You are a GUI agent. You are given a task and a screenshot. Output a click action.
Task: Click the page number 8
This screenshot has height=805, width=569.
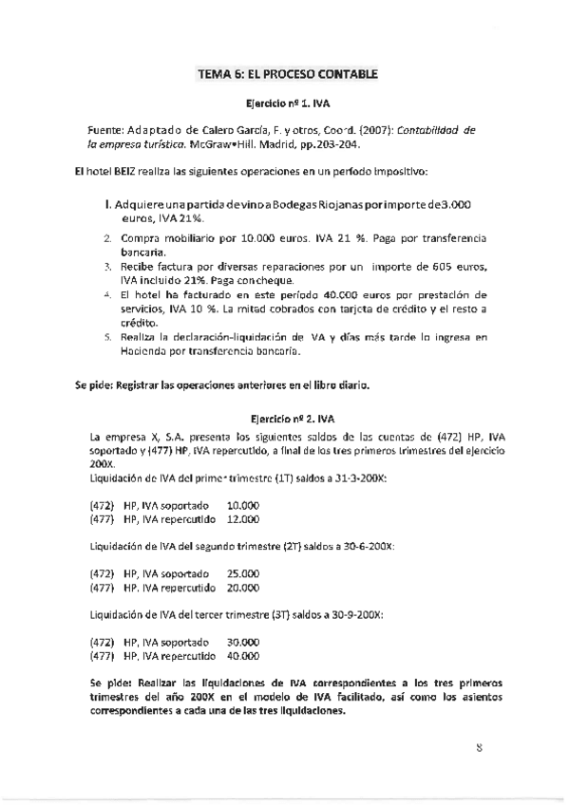pyautogui.click(x=480, y=747)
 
